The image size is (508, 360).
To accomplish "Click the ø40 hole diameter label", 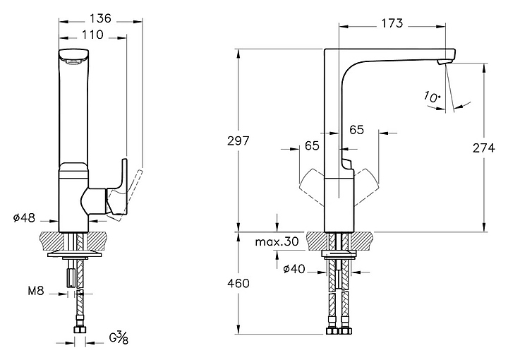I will pos(294,268).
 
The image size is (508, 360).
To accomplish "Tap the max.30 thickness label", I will pos(278,242).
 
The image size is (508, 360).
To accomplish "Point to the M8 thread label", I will pos(37,291).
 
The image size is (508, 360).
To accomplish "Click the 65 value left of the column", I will pos(311,145).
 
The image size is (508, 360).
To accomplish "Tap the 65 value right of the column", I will pos(356,130).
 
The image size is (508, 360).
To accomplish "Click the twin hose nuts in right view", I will pos(339,330).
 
